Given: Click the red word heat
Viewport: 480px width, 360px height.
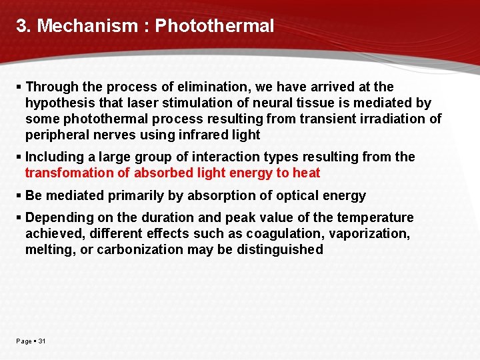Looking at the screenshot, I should (307, 173).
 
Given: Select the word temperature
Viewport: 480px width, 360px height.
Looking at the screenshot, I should (375, 218).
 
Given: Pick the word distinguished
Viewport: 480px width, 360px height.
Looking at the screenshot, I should (285, 250).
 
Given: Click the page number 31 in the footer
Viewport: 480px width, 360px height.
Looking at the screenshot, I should (42, 341).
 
